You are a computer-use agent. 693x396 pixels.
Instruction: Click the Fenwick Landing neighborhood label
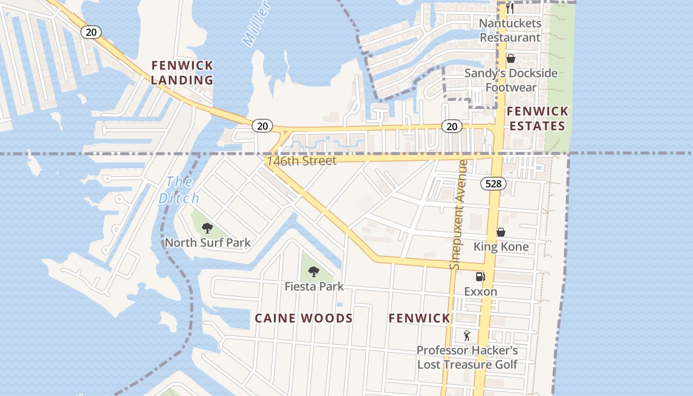coord(182,72)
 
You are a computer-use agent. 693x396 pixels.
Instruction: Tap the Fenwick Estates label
coord(537,118)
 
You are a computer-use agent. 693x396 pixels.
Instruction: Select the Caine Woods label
coord(303,318)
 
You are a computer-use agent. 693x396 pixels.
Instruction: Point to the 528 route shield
coord(494,184)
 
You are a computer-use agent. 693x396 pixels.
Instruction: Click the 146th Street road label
coord(301,161)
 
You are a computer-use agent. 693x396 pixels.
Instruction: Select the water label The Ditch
coord(179,190)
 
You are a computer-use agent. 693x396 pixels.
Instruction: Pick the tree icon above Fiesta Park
coord(313,271)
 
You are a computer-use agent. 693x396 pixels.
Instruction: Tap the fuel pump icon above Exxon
coord(480,277)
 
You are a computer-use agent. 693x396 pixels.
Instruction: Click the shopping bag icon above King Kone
coord(501,232)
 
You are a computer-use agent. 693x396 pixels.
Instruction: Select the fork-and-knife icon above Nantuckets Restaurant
coord(510,8)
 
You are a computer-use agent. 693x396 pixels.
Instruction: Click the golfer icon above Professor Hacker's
coord(467,336)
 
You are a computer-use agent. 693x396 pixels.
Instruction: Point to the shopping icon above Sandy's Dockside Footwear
coord(511,59)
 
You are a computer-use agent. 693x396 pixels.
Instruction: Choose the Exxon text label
coord(480,292)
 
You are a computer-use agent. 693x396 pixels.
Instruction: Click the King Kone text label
coord(501,247)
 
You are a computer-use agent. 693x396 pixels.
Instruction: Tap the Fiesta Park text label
coord(314,286)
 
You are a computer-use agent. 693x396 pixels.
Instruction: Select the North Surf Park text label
coord(208,243)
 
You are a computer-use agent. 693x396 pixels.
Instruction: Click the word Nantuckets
coord(510,23)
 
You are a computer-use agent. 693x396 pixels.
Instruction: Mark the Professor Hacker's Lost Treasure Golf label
coord(467,357)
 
